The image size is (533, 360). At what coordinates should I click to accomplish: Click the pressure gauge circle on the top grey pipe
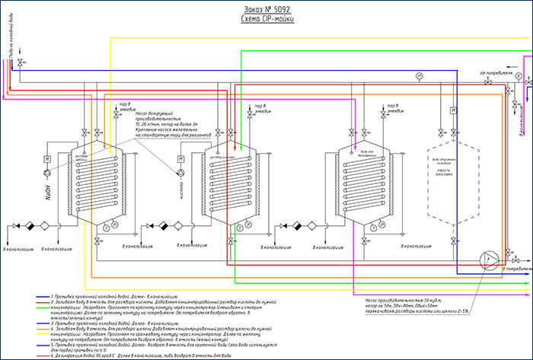click(x=420, y=76)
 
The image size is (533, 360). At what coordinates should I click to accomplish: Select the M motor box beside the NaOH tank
click(x=47, y=158)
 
